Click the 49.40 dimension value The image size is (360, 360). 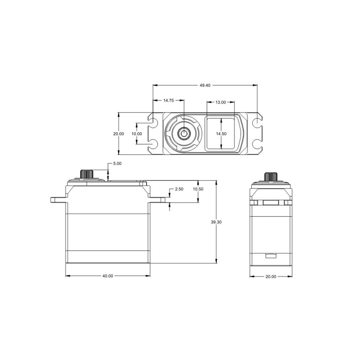tap(205, 85)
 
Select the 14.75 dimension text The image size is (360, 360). tap(168, 100)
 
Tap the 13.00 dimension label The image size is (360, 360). tap(221, 102)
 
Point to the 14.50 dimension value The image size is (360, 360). tap(221, 134)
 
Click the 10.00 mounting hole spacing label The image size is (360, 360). tap(137, 134)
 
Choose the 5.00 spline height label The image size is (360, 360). tap(117, 164)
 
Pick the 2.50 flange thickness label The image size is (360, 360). tap(179, 189)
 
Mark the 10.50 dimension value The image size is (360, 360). tap(198, 189)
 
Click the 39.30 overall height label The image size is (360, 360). tap(216, 222)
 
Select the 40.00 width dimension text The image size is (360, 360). tap(108, 276)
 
